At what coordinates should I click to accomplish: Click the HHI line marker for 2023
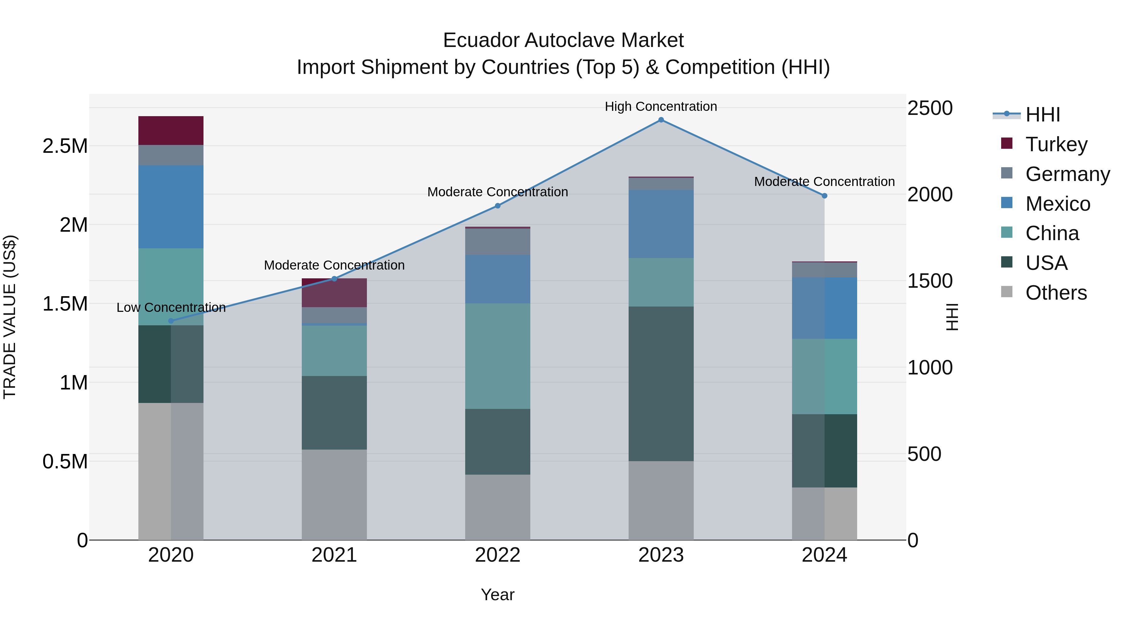(661, 120)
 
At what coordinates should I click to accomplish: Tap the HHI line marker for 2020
(171, 321)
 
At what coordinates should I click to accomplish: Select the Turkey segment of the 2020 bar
(171, 130)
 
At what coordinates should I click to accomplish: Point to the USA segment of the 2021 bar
(334, 413)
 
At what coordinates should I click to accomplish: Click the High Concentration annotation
(661, 106)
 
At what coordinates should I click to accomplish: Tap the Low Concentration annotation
(171, 307)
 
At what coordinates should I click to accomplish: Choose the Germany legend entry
(1067, 174)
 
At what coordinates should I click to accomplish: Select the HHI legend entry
(1042, 115)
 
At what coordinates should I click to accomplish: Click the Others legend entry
(1056, 293)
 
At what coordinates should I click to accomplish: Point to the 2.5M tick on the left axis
(65, 146)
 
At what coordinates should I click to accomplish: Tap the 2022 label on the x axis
(497, 555)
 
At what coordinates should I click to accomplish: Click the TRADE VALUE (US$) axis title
(10, 317)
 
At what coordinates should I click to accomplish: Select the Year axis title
(497, 595)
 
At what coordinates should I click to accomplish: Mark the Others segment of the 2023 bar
(661, 500)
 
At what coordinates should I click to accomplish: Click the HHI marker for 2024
(824, 196)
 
